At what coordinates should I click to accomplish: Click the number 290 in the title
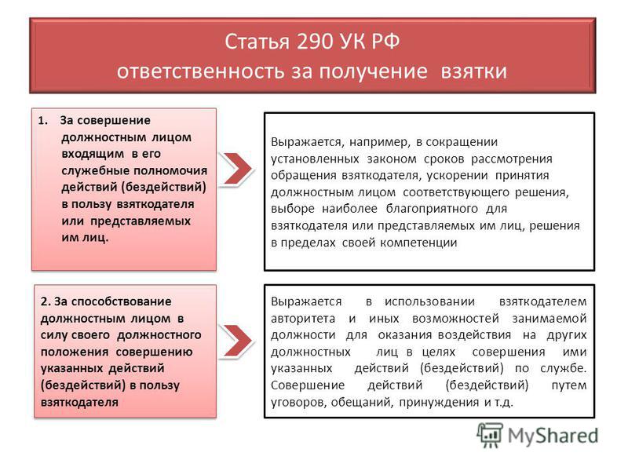tap(316, 42)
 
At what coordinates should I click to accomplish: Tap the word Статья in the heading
tap(257, 42)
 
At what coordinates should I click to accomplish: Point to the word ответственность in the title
tap(200, 71)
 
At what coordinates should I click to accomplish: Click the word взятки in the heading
tap(474, 71)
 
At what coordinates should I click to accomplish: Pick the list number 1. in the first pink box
tap(43, 121)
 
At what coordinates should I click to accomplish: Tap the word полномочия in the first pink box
tap(170, 171)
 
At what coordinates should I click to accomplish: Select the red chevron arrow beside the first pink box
tap(237, 169)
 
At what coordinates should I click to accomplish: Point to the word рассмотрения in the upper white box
tap(512, 159)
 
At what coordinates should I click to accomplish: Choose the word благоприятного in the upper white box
tap(432, 209)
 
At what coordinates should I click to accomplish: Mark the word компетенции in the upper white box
tap(418, 243)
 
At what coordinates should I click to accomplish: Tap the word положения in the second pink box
tap(75, 352)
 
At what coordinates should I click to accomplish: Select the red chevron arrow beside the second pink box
tap(237, 341)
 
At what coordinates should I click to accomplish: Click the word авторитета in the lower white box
tap(303, 319)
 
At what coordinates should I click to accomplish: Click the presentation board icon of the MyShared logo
tap(490, 436)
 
